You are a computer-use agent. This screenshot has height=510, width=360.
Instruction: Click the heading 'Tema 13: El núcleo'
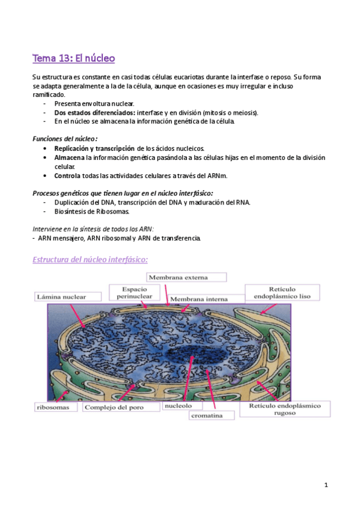74,58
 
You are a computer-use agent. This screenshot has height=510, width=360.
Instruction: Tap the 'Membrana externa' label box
187,277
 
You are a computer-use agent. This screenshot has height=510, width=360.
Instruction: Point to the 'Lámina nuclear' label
61,296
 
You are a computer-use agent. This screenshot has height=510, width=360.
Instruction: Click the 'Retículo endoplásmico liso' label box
282,293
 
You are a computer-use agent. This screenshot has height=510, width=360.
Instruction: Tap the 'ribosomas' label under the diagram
56,407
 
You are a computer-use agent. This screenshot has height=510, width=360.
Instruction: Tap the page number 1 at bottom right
325,485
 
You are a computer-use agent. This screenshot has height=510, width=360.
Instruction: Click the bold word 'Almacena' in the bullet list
69,158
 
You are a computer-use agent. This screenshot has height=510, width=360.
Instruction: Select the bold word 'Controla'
68,176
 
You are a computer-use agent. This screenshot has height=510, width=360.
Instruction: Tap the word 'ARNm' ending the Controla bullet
219,176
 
